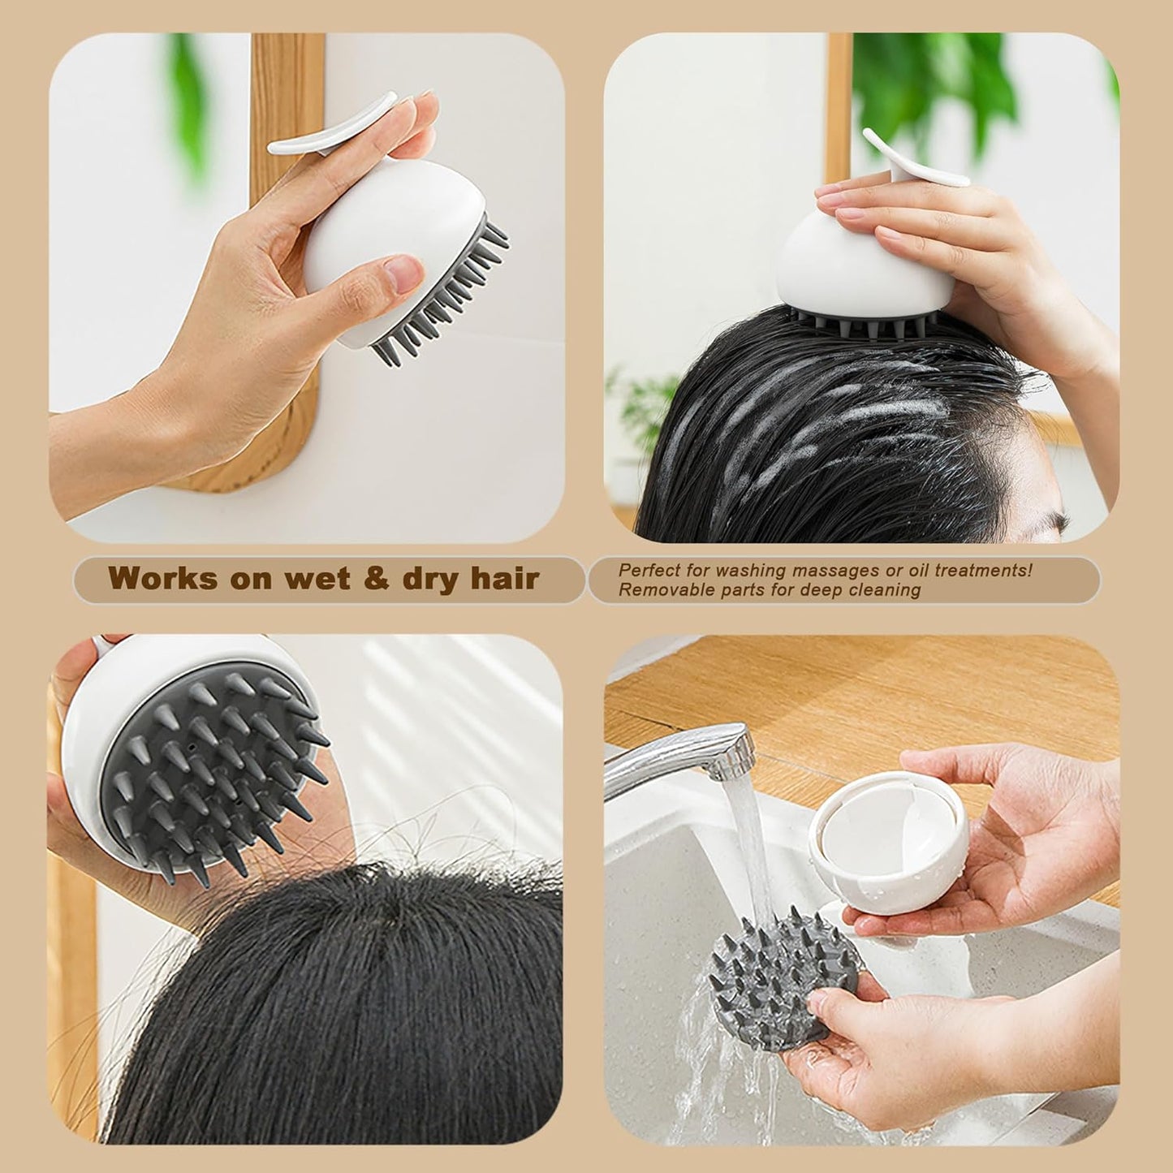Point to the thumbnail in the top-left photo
(404, 273)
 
